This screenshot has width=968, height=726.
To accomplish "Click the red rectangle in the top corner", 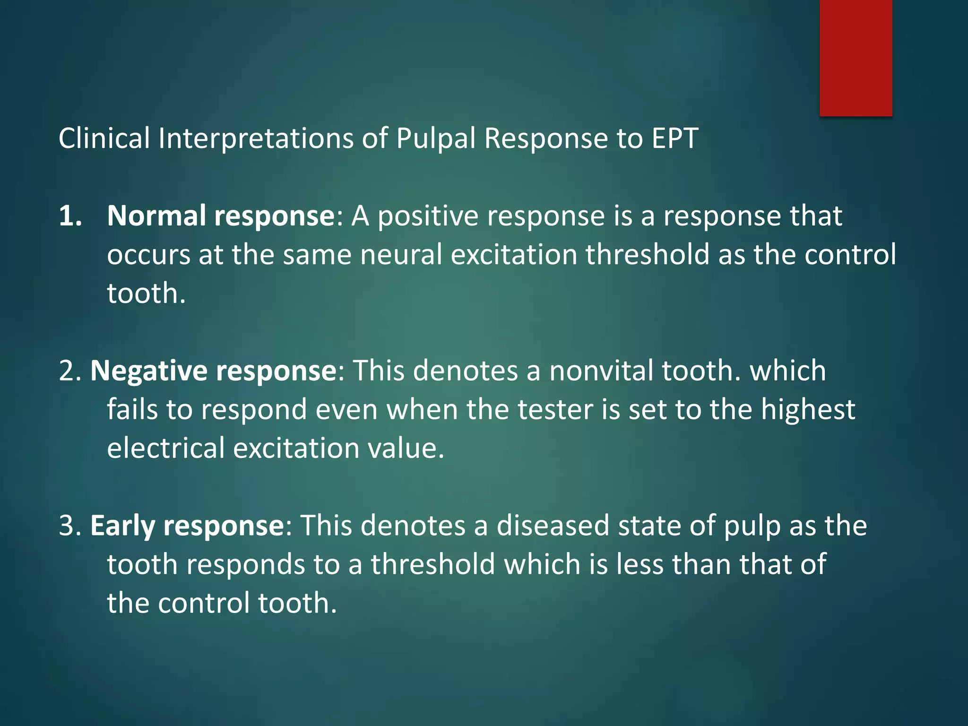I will (856, 58).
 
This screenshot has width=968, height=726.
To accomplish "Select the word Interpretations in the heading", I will (256, 138).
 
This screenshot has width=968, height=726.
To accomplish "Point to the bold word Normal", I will (156, 216).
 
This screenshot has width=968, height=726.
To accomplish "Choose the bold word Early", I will (122, 526).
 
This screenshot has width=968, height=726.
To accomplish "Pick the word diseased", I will (553, 526).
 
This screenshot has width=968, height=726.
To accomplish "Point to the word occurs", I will (148, 255).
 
